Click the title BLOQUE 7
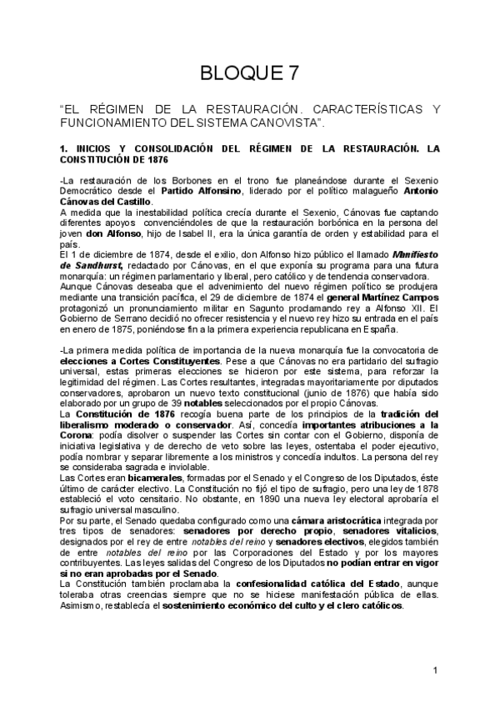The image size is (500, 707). pyautogui.click(x=250, y=73)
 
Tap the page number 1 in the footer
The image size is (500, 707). pyautogui.click(x=436, y=671)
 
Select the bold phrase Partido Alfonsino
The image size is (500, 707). pyautogui.click(x=197, y=191)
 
